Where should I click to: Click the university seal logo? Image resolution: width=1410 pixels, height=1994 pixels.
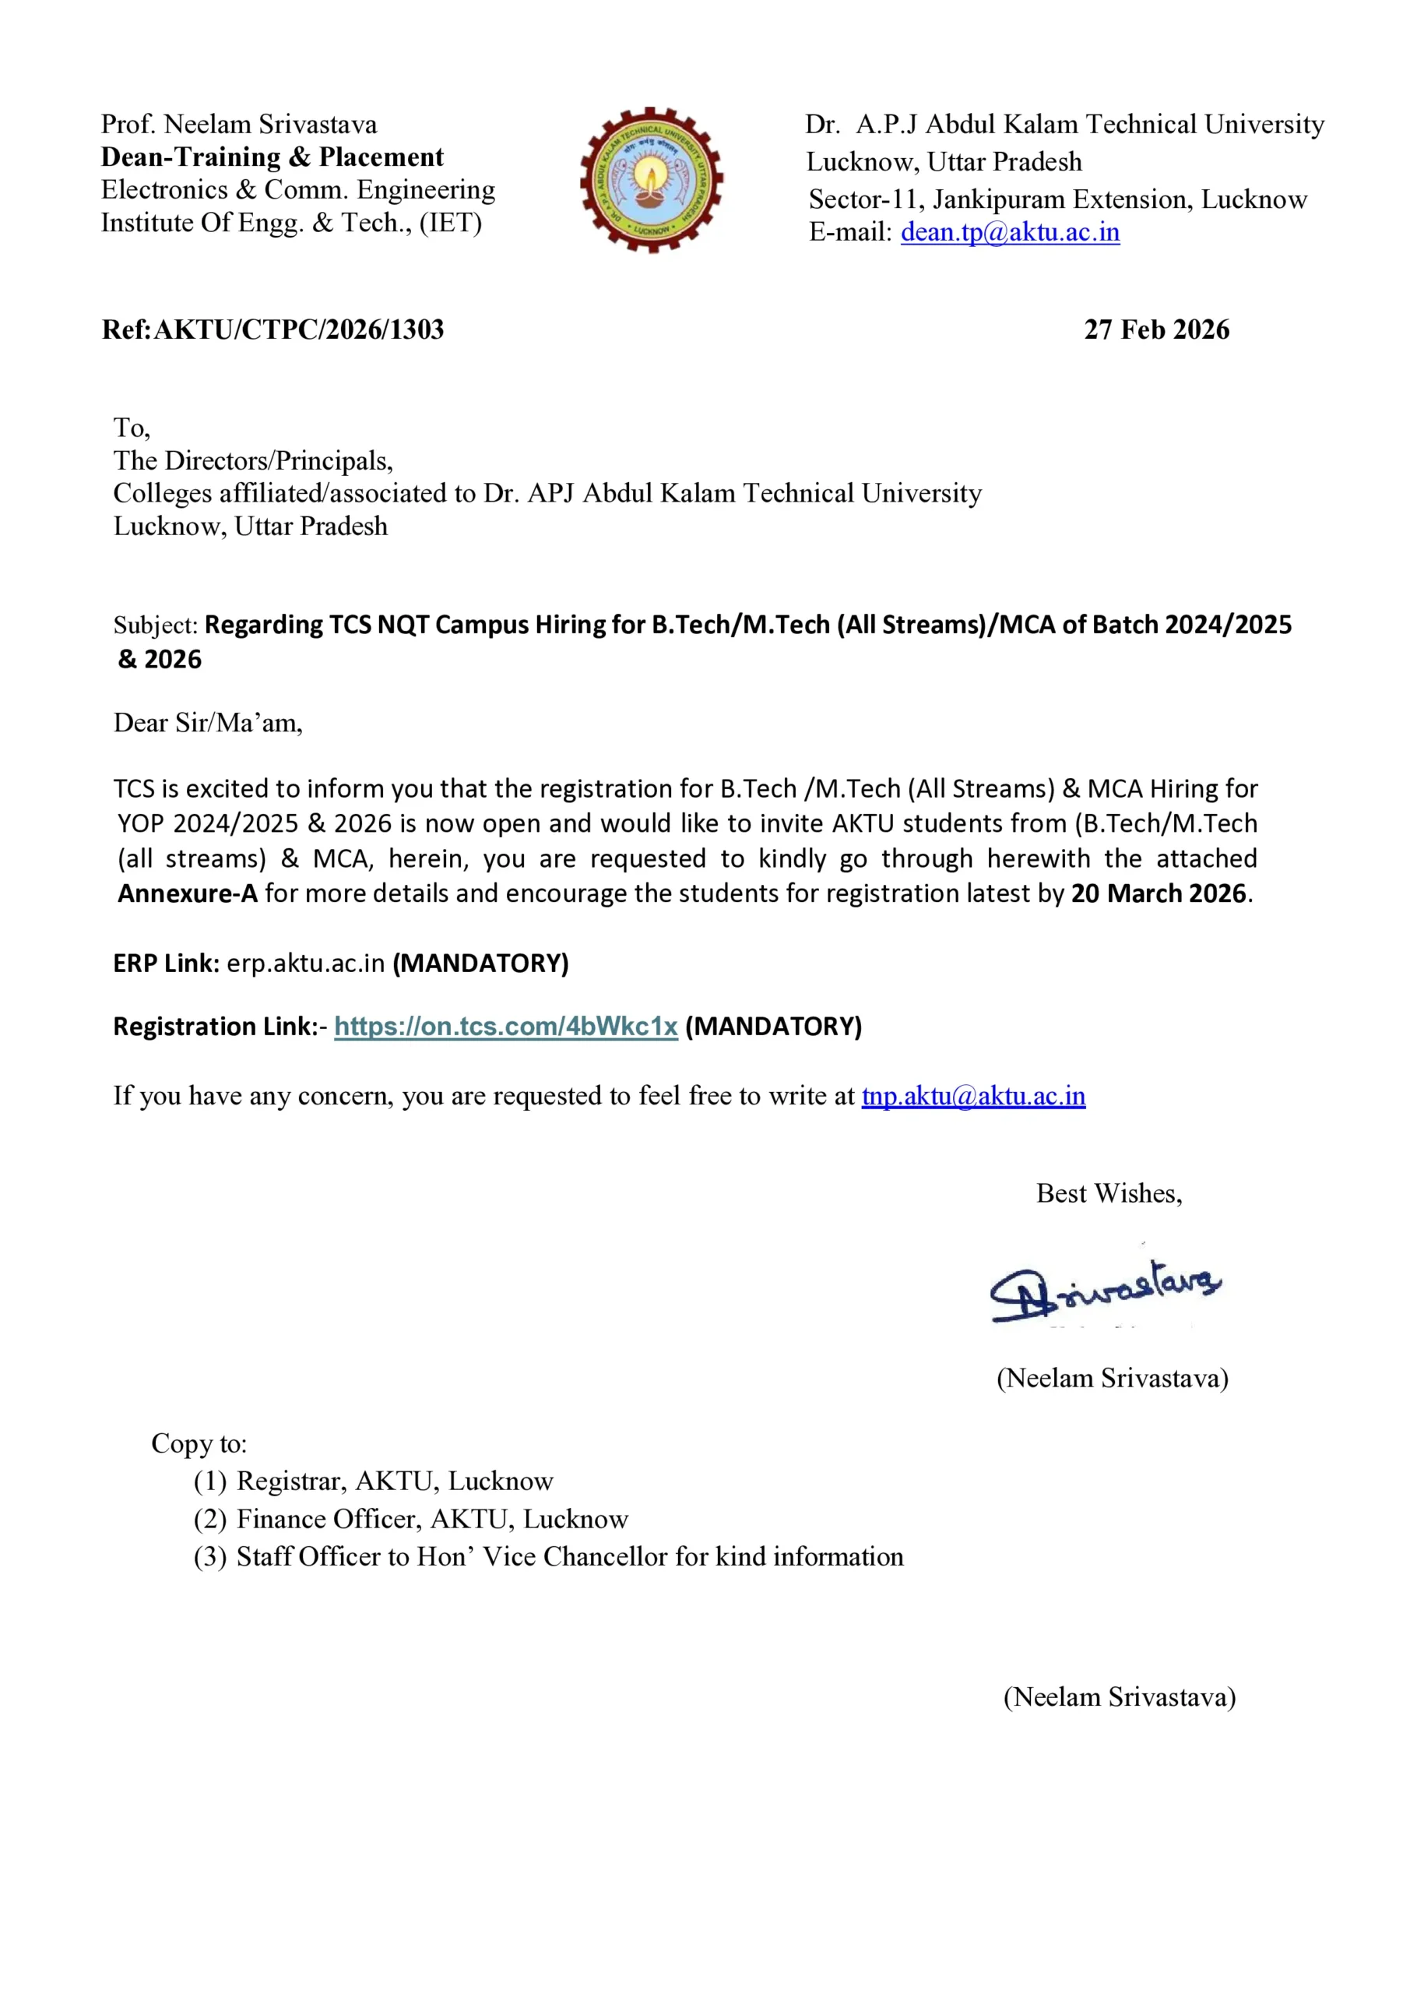[x=651, y=180]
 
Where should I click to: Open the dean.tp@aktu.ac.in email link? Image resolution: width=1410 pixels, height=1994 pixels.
[x=1010, y=233]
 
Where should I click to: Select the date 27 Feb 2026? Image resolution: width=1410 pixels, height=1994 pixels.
[x=1156, y=330]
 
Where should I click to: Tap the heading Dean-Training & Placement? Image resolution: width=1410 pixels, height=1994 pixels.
[x=272, y=157]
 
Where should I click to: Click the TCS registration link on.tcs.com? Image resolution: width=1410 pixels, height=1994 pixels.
[x=505, y=1027]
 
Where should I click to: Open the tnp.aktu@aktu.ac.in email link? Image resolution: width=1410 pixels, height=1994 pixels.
[x=973, y=1096]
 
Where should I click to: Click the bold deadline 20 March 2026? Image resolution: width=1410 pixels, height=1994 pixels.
[x=1159, y=893]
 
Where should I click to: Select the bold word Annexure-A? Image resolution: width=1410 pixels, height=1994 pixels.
[x=188, y=893]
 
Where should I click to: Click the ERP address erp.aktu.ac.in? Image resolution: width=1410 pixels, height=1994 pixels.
[x=306, y=964]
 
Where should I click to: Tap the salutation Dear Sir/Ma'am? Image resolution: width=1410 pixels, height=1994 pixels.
[x=209, y=723]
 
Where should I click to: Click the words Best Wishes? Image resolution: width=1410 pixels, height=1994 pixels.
[x=1109, y=1193]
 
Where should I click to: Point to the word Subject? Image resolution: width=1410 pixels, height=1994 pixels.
[x=156, y=625]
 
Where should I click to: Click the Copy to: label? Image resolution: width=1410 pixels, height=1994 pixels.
[x=199, y=1443]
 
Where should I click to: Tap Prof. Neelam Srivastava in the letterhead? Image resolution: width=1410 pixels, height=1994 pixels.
[x=239, y=124]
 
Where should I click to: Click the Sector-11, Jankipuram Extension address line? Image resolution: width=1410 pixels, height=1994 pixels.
[x=1057, y=199]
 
